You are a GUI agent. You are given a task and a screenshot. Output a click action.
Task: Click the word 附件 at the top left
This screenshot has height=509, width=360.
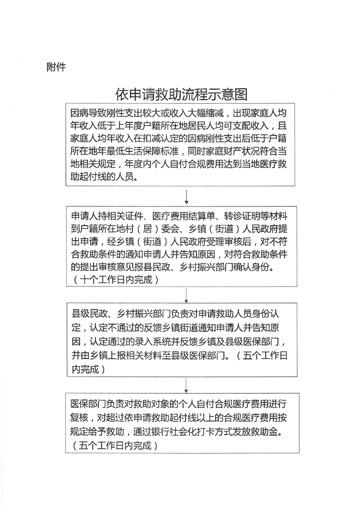coord(56,67)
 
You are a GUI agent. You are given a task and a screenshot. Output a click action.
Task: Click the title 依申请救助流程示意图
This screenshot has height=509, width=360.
coord(182,94)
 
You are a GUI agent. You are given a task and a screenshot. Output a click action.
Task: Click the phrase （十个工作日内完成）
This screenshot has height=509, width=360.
coord(116,280)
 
